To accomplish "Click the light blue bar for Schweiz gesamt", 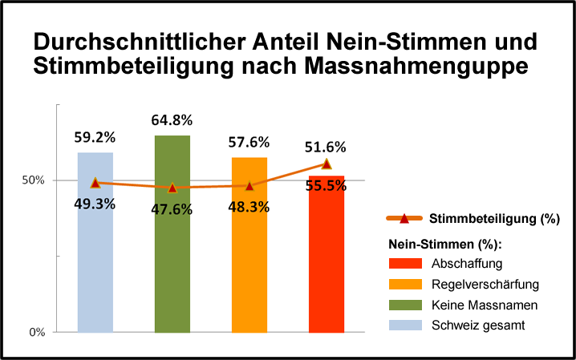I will [x=95, y=257].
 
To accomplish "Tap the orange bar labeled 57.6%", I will [x=249, y=257].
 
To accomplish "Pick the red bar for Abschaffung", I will [x=326, y=265].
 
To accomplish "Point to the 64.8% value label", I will [x=172, y=120].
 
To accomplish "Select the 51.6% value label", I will [x=326, y=147].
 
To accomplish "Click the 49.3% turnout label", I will [x=95, y=204].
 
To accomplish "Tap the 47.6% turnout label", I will [x=172, y=208].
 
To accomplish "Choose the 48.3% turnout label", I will [x=249, y=206].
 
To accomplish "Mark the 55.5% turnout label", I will [x=326, y=184].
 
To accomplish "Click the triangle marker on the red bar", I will [x=326, y=164].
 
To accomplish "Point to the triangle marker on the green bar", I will [x=172, y=188].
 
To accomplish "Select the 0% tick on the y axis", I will [x=37, y=332].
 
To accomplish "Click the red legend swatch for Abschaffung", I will [x=405, y=264].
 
